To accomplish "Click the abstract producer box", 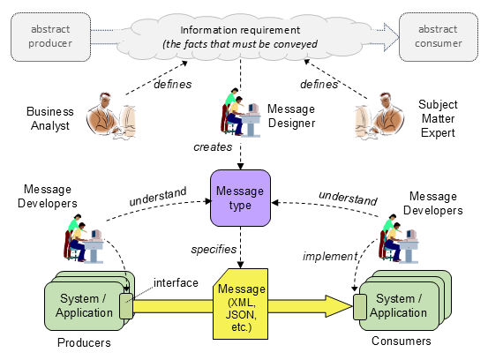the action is click(x=50, y=37).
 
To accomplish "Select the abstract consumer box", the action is click(x=439, y=37).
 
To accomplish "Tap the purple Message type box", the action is click(x=240, y=198).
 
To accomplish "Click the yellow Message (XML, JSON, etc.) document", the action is click(x=240, y=304).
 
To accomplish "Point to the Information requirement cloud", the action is click(x=240, y=37).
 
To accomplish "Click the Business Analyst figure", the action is click(x=111, y=116).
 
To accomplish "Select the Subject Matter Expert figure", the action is click(x=379, y=116).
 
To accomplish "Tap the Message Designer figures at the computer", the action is click(x=240, y=112).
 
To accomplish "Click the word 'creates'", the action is click(x=213, y=146).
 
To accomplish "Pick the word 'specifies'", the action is click(x=214, y=249).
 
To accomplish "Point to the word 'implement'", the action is click(x=330, y=257).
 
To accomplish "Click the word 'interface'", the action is click(x=176, y=283).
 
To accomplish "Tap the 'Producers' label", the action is click(x=84, y=342).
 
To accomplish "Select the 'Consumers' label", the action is click(x=402, y=341).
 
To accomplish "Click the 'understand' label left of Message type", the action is click(x=158, y=197).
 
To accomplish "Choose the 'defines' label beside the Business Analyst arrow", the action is click(x=173, y=85).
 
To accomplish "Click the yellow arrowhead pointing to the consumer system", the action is click(x=339, y=306).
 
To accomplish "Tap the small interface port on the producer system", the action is click(x=126, y=306).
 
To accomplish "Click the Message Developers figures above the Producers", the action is click(x=84, y=238).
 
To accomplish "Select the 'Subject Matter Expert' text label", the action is click(x=438, y=118).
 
